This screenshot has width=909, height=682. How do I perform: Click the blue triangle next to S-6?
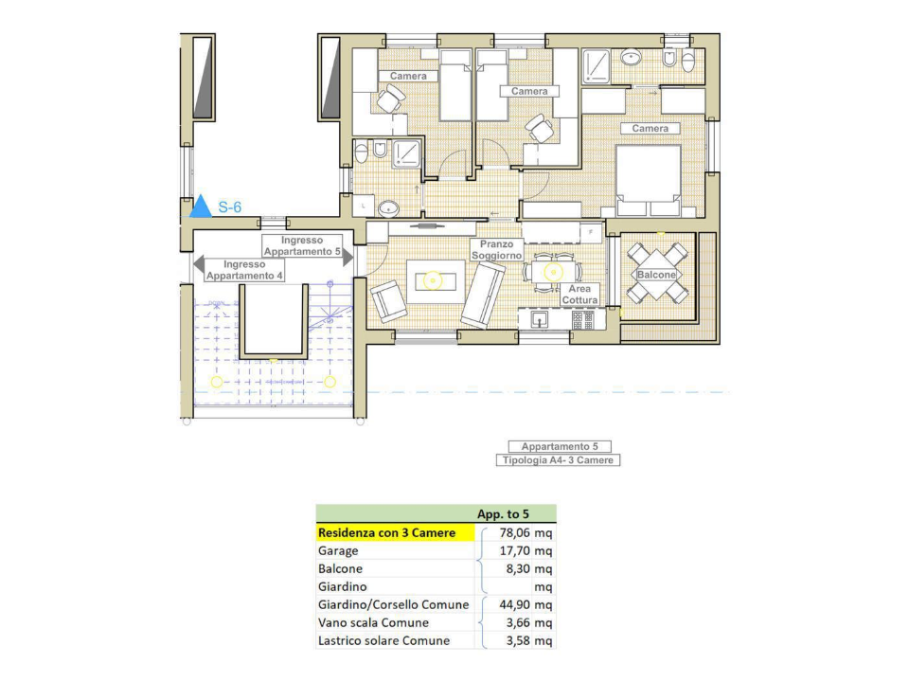[x=201, y=206]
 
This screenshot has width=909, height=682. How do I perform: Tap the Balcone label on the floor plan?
[x=656, y=275]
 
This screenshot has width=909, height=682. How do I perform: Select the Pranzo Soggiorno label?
[x=496, y=250]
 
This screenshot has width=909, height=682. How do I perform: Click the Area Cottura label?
[x=579, y=295]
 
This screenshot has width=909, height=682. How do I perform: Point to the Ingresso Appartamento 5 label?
[x=302, y=246]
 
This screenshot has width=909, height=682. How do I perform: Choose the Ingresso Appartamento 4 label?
[x=245, y=270]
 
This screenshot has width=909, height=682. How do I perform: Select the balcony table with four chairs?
[x=657, y=273]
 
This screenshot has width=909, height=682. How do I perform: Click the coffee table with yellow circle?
[x=433, y=279]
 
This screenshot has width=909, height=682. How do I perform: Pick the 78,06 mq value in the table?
[x=529, y=533]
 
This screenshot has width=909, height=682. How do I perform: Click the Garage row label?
[x=338, y=551]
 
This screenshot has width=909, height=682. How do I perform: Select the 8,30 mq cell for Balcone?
[x=531, y=569]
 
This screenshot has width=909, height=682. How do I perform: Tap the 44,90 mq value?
[x=529, y=605]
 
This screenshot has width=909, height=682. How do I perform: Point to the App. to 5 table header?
[x=502, y=514]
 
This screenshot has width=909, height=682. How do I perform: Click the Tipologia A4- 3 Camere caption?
[x=559, y=460]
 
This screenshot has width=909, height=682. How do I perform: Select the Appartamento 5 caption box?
[x=559, y=446]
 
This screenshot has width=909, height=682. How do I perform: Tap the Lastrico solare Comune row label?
[x=383, y=641]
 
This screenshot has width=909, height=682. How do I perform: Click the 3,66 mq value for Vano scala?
[x=531, y=623]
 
